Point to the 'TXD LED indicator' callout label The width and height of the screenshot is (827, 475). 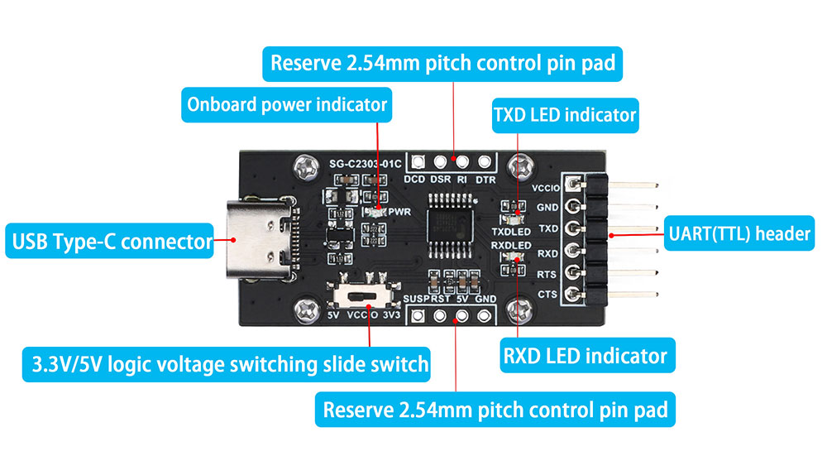coord(565,114)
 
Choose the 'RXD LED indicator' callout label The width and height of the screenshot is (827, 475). coord(585,356)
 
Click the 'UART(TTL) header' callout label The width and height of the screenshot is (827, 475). coord(739,234)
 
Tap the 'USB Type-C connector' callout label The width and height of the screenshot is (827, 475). coord(109,242)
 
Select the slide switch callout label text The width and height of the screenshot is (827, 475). coord(226,363)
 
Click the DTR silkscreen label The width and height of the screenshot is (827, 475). coord(485,179)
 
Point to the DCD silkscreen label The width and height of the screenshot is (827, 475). coord(414,179)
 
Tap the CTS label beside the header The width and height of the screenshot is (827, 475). coord(547,295)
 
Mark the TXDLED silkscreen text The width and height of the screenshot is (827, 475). coord(510,233)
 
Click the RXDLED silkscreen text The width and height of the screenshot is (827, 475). coord(510,246)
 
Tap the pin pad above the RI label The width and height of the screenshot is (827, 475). coord(462,161)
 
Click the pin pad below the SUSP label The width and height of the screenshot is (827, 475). coord(418,315)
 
